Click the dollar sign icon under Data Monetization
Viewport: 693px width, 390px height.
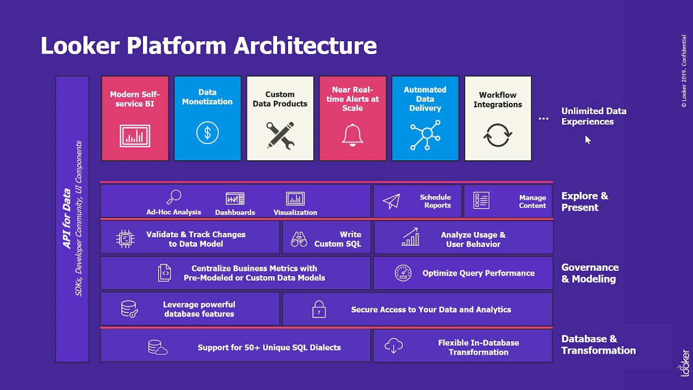click(207, 133)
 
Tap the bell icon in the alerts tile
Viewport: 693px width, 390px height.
click(352, 134)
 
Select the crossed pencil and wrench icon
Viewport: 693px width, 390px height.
click(280, 135)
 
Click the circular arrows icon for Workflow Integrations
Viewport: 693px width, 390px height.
click(498, 135)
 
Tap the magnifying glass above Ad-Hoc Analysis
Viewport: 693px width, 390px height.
click(174, 197)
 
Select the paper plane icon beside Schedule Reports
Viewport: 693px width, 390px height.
click(391, 201)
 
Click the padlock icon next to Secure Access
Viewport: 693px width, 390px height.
click(319, 309)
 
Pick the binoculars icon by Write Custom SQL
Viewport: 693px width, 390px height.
click(299, 239)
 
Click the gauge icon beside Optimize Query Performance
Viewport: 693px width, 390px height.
click(403, 273)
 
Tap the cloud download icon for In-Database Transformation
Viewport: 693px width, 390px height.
click(394, 346)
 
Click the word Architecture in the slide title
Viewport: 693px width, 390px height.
click(305, 45)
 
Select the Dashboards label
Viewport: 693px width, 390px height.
click(235, 212)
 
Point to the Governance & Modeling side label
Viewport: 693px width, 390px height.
click(590, 273)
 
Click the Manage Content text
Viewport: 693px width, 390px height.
click(532, 201)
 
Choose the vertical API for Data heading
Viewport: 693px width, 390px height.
click(67, 218)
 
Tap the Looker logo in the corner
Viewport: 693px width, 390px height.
click(685, 363)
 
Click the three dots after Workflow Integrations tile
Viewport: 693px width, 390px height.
click(544, 118)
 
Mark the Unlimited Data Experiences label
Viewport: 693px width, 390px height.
click(593, 116)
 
